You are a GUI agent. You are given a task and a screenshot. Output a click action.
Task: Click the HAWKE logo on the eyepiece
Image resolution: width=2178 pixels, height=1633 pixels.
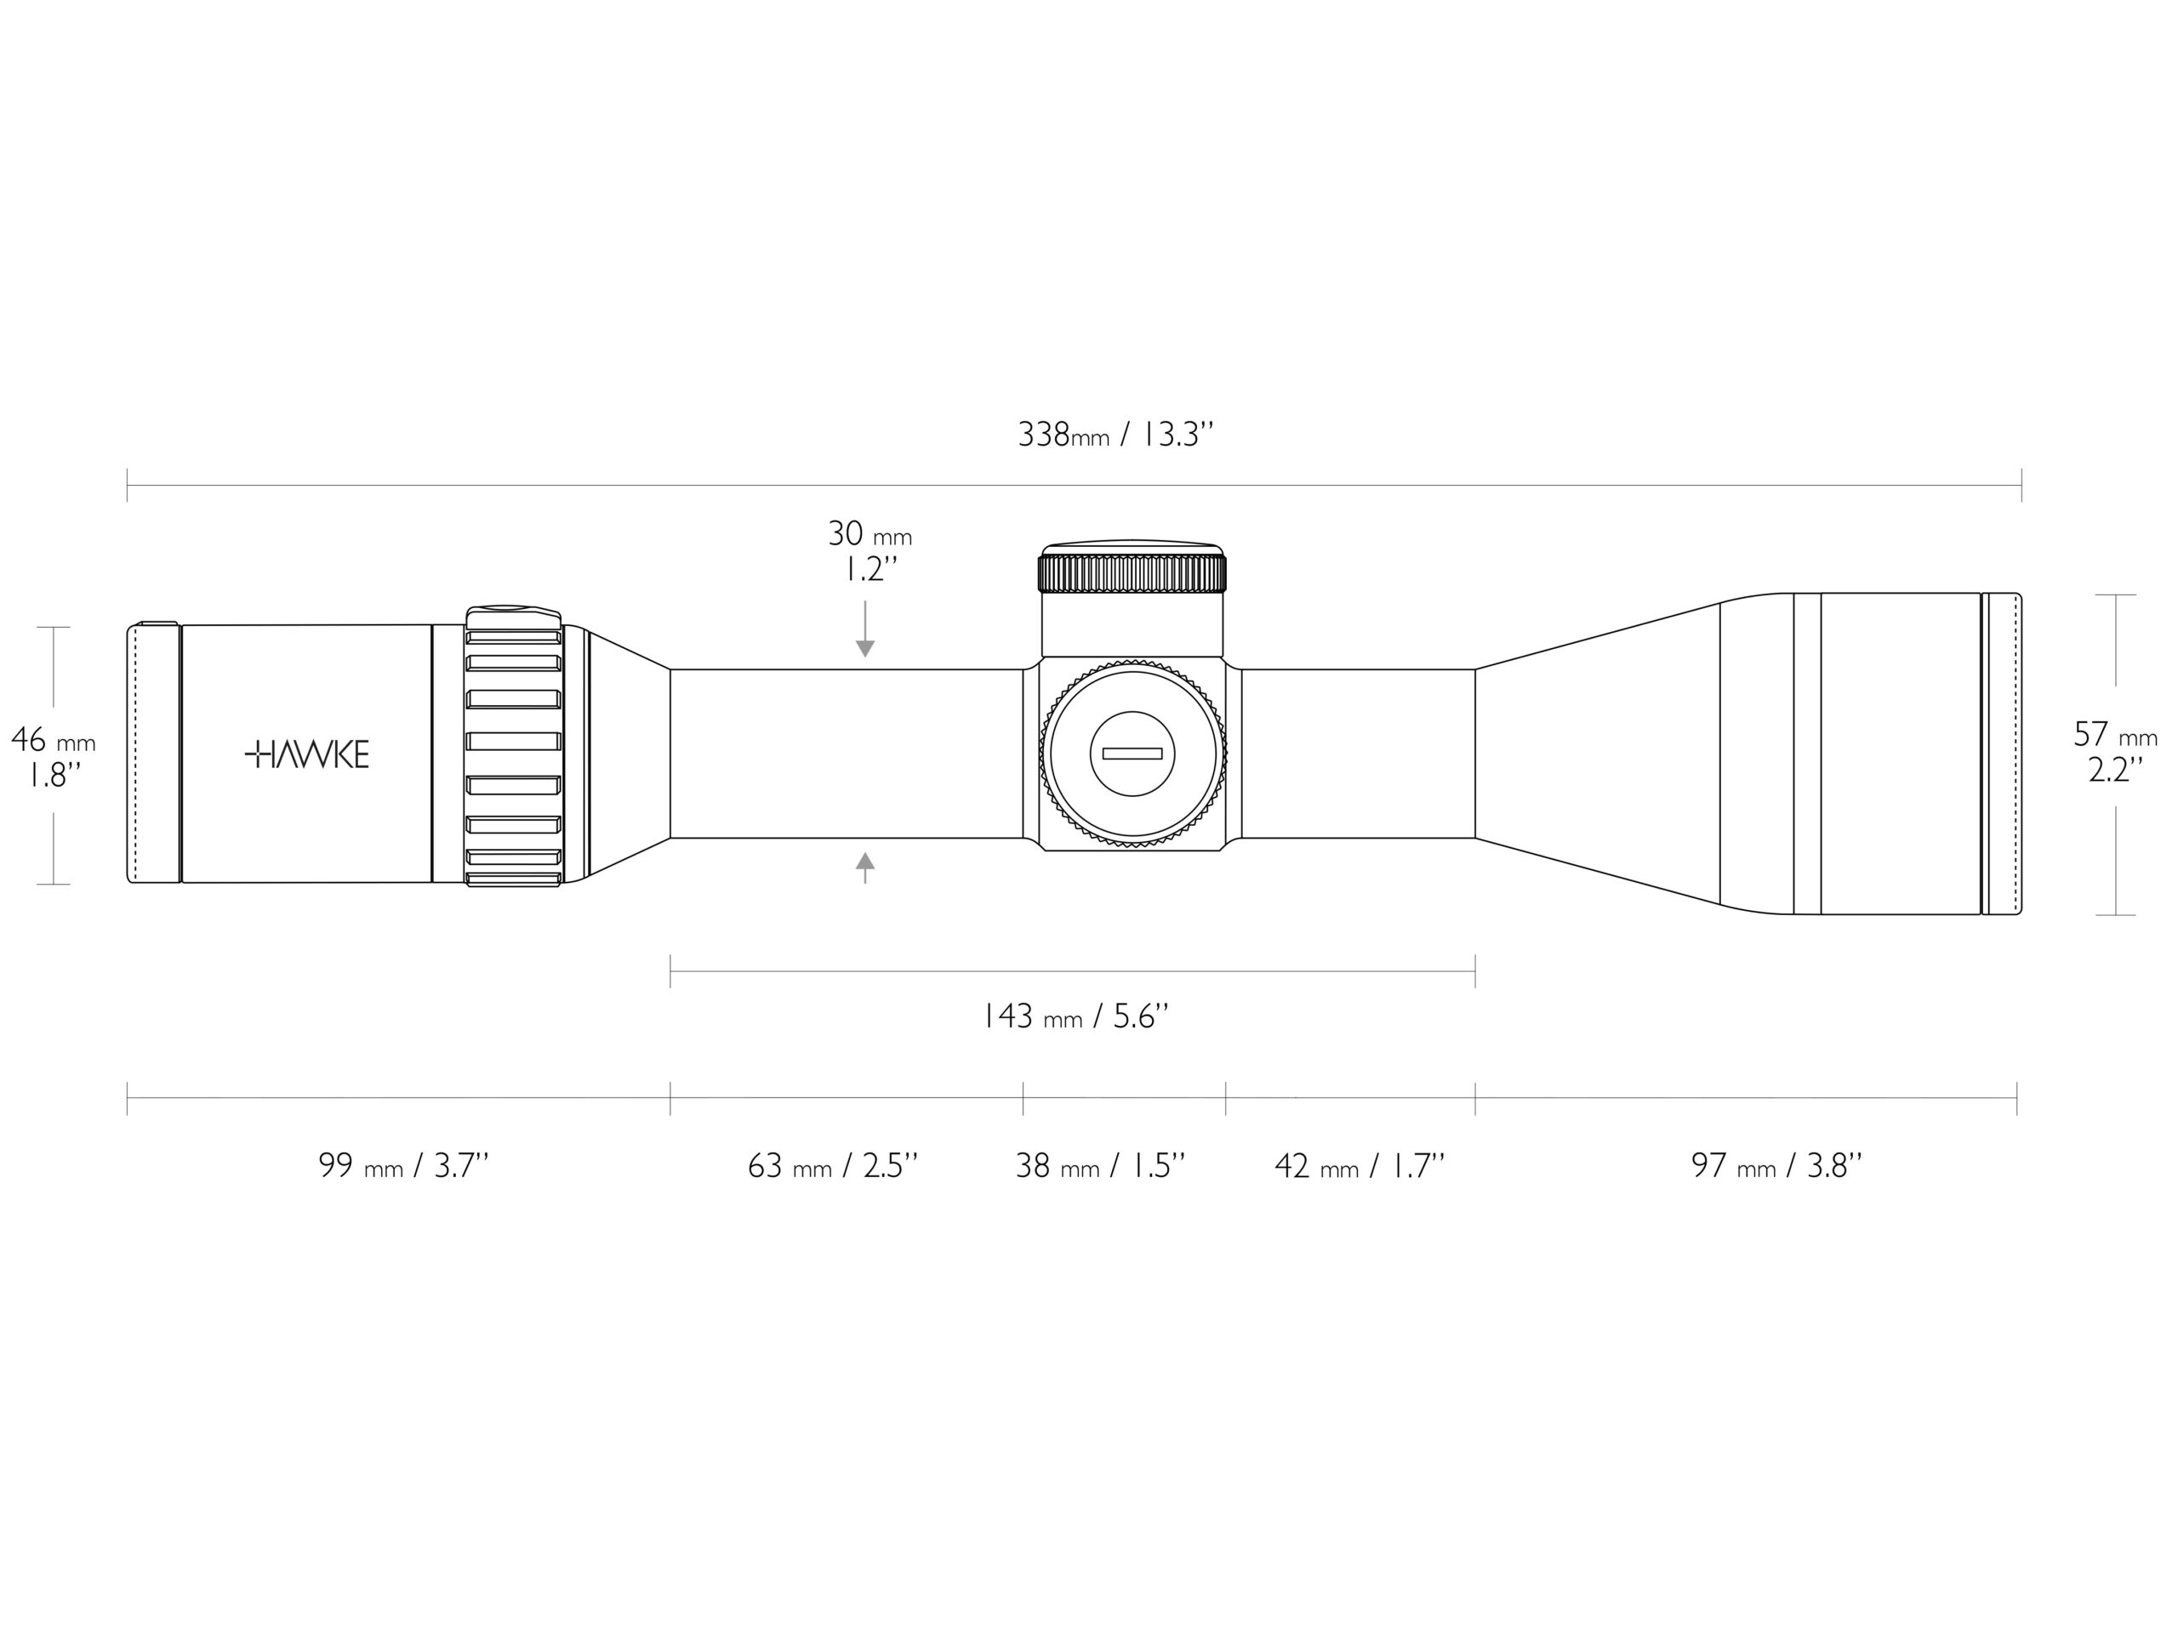(306, 755)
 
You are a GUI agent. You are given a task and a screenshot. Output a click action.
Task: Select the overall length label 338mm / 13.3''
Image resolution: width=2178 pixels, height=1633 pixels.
(1115, 434)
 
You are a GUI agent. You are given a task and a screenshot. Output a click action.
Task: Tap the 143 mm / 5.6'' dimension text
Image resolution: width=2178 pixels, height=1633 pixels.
(1076, 1016)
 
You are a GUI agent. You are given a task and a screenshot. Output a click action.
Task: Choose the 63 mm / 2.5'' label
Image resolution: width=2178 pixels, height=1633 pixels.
(833, 1165)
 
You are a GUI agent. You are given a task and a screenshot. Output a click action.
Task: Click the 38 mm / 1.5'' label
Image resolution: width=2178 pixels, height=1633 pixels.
(1101, 1165)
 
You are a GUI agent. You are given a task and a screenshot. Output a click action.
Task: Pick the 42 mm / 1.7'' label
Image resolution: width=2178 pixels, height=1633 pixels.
(1360, 1165)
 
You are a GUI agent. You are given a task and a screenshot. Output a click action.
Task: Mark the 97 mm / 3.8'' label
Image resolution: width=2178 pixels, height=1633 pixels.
(1777, 1165)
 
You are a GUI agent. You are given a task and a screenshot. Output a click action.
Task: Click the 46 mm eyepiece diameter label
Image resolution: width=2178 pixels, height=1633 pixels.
(53, 739)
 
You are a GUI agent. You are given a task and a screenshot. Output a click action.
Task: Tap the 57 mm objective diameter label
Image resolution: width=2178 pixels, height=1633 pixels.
(2115, 734)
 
